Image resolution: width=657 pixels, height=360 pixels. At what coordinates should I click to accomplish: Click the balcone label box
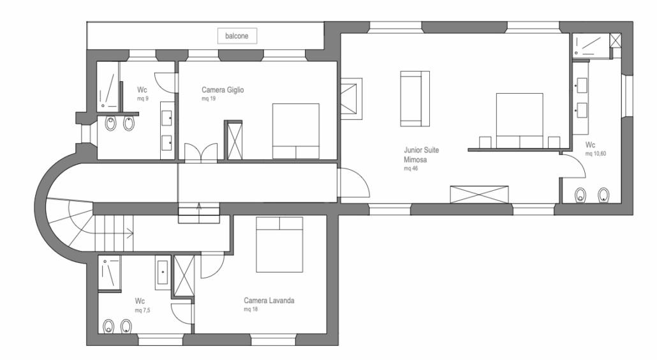pyautogui.click(x=237, y=36)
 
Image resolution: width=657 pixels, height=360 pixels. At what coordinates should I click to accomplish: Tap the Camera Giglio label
pyautogui.click(x=223, y=90)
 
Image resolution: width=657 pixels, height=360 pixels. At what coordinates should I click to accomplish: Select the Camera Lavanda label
pyautogui.click(x=269, y=301)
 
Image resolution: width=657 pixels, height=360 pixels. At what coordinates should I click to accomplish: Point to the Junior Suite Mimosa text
pyautogui.click(x=421, y=154)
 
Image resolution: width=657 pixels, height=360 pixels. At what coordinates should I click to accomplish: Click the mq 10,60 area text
pyautogui.click(x=595, y=154)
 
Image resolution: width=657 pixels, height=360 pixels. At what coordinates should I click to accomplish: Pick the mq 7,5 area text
pyautogui.click(x=142, y=311)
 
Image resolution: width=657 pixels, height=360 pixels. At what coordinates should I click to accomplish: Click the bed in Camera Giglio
pyautogui.click(x=296, y=131)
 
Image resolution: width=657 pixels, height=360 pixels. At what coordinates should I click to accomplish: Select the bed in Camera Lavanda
pyautogui.click(x=279, y=244)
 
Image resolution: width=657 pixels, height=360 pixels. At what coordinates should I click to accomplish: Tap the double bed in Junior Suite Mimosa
pyautogui.click(x=520, y=121)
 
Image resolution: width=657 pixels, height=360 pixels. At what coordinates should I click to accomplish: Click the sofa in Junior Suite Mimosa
pyautogui.click(x=415, y=98)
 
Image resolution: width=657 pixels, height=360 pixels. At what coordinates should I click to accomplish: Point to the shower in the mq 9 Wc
pyautogui.click(x=108, y=87)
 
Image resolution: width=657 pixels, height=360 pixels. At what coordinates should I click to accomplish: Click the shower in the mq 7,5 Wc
pyautogui.click(x=110, y=274)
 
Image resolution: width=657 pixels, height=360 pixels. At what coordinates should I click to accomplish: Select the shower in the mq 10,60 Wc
pyautogui.click(x=591, y=45)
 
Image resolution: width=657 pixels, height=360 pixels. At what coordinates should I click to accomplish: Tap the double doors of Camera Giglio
pyautogui.click(x=201, y=152)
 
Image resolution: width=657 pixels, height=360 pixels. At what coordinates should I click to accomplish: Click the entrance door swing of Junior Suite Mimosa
pyautogui.click(x=354, y=183)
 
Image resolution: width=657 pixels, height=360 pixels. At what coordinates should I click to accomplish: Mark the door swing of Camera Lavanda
pyautogui.click(x=212, y=265)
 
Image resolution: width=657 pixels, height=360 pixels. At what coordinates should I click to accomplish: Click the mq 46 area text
pyautogui.click(x=411, y=169)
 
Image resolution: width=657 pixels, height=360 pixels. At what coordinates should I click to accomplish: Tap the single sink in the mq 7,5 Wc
pyautogui.click(x=163, y=272)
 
